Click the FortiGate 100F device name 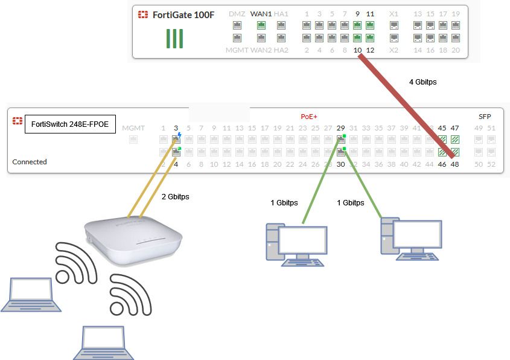pyautogui.click(x=183, y=14)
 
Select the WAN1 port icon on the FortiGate pyautogui.click(x=261, y=25)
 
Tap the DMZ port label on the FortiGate pyautogui.click(x=237, y=14)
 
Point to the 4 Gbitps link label pyautogui.click(x=423, y=82)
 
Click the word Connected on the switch pyautogui.click(x=30, y=162)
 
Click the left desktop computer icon pyautogui.click(x=295, y=244)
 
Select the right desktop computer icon pyautogui.click(x=410, y=239)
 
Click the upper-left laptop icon pyautogui.click(x=31, y=295)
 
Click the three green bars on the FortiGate pyautogui.click(x=174, y=38)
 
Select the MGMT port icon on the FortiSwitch pyautogui.click(x=133, y=140)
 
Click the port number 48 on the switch pyautogui.click(x=455, y=164)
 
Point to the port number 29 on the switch pyautogui.click(x=340, y=128)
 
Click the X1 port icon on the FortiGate pyautogui.click(x=394, y=25)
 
